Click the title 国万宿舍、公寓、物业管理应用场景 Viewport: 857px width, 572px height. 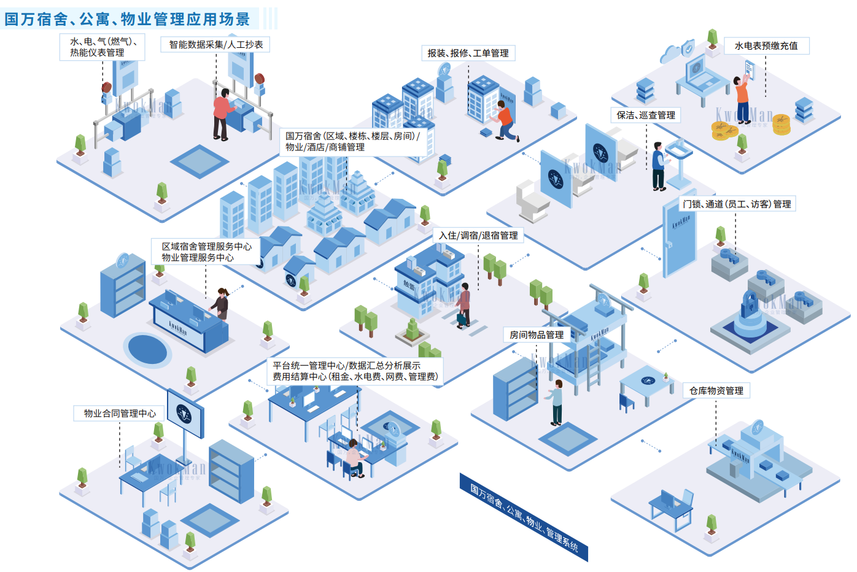click(x=128, y=19)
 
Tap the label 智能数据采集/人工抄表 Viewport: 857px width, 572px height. click(x=215, y=45)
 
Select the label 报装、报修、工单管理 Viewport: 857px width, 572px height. click(x=468, y=53)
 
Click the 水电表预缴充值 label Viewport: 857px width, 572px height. click(x=766, y=46)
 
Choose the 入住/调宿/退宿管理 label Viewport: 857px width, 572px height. click(x=478, y=236)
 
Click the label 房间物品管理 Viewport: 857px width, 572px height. click(x=536, y=335)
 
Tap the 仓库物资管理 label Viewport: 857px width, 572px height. click(x=716, y=391)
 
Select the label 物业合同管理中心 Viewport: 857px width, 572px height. click(x=120, y=414)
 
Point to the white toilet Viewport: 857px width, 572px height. click(x=531, y=199)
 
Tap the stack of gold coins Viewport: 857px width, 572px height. click(x=781, y=125)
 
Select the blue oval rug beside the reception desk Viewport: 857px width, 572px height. click(x=147, y=349)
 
